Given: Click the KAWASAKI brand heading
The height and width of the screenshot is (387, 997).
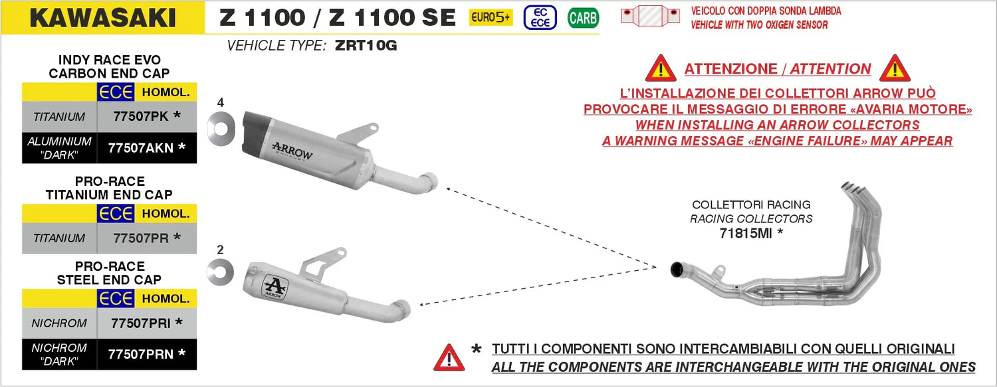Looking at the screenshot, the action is pyautogui.click(x=103, y=18).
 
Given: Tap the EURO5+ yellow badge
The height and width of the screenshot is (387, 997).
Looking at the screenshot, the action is pyautogui.click(x=491, y=17).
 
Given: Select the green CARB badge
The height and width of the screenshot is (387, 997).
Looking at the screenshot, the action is pyautogui.click(x=583, y=18).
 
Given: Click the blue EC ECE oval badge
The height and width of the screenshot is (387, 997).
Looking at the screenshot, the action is pyautogui.click(x=540, y=18).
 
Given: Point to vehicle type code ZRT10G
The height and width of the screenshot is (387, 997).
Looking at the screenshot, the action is pyautogui.click(x=366, y=45).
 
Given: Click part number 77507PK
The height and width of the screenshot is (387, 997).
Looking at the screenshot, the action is pyautogui.click(x=141, y=116).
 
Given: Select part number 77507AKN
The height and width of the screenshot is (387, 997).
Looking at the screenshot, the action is pyautogui.click(x=141, y=148).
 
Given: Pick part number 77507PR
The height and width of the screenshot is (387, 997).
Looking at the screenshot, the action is pyautogui.click(x=141, y=238).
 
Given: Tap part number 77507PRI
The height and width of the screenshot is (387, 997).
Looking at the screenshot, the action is pyautogui.click(x=141, y=323).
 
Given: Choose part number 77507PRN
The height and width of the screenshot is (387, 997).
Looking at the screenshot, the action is pyautogui.click(x=141, y=354).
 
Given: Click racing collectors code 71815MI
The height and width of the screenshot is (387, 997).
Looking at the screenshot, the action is pyautogui.click(x=746, y=233).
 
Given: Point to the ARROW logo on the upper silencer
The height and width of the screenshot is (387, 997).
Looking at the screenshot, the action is pyautogui.click(x=292, y=151).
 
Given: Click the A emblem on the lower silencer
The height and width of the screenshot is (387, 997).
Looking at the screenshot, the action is pyautogui.click(x=274, y=287).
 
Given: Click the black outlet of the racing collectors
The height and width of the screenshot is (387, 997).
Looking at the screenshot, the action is pyautogui.click(x=677, y=270).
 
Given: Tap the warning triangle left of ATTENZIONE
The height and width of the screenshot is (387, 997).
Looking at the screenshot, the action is pyautogui.click(x=661, y=69).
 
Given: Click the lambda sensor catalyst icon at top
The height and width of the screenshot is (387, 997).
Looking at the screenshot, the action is pyautogui.click(x=650, y=16).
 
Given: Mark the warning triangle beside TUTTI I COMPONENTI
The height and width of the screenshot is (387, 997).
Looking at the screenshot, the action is pyautogui.click(x=449, y=358).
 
